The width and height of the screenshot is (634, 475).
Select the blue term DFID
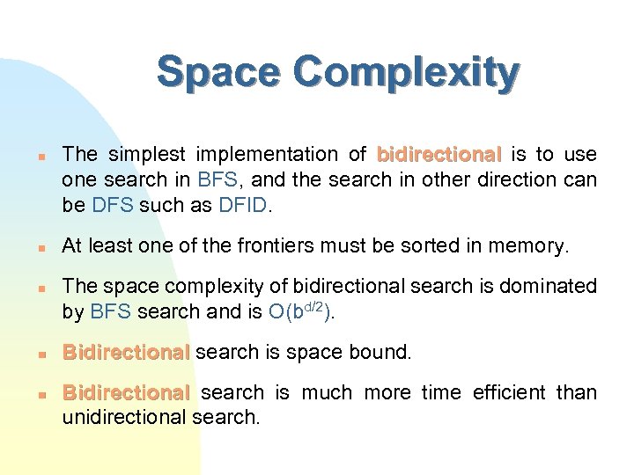pos(253,206)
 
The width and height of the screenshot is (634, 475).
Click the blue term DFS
pos(111,206)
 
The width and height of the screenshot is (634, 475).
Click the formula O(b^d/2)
pos(300,311)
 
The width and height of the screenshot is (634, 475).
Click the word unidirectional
pos(124,417)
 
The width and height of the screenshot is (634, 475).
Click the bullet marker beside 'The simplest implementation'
pos(41,156)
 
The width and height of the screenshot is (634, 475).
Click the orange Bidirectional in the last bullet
pos(126,392)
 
